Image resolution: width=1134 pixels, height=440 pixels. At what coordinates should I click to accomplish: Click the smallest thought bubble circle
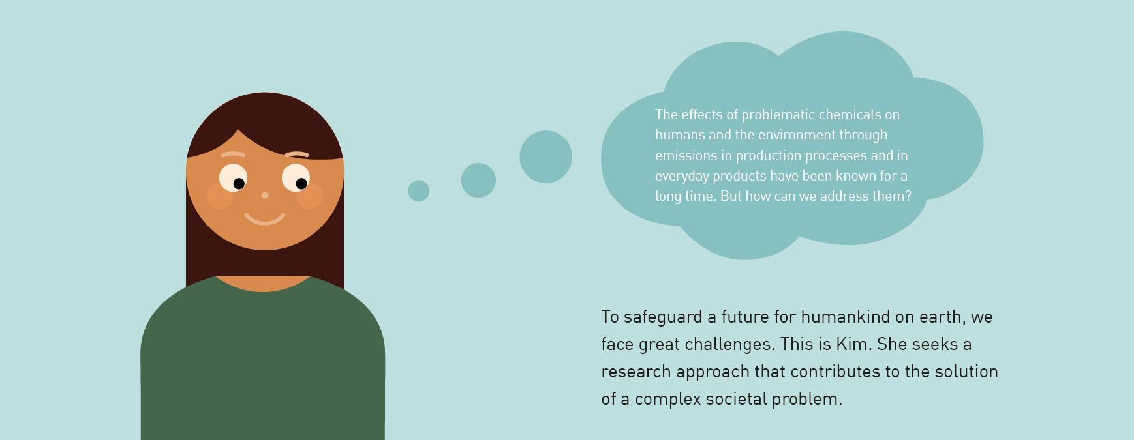tap(418, 191)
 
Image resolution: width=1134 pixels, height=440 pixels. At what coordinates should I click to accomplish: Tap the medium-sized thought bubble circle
tap(478, 180)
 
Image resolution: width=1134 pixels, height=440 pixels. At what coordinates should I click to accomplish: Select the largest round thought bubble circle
tap(545, 156)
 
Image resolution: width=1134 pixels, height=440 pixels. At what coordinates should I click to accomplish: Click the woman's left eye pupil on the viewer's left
tap(239, 184)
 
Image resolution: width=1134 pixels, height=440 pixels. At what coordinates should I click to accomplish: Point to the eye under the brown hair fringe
tap(296, 178)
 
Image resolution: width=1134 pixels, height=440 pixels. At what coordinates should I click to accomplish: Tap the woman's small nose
tap(265, 195)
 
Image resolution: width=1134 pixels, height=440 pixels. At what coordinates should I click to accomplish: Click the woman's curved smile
tap(265, 218)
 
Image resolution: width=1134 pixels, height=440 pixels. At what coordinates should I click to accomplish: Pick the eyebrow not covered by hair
tap(233, 154)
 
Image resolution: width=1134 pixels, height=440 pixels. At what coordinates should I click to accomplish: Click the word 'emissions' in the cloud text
tap(686, 156)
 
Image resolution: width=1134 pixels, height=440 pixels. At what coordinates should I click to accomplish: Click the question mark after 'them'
tap(908, 196)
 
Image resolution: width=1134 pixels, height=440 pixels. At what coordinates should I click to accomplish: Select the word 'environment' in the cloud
tap(795, 135)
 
